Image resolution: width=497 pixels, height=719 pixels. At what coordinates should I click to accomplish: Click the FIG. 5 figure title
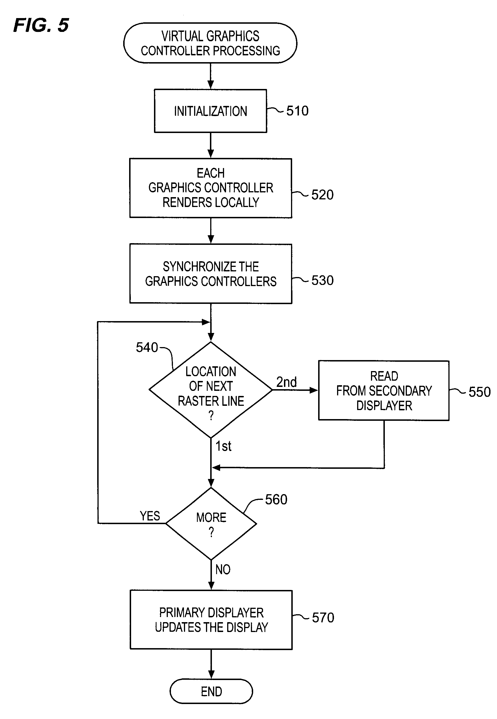pyautogui.click(x=41, y=25)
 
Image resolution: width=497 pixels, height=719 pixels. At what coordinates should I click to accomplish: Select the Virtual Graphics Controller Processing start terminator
pyautogui.click(x=210, y=43)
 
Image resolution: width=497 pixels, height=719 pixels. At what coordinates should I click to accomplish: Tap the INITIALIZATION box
pyautogui.click(x=210, y=111)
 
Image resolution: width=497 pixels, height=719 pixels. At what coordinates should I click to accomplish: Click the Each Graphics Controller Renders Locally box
pyautogui.click(x=210, y=188)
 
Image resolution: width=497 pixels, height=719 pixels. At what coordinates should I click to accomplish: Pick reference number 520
pyautogui.click(x=322, y=195)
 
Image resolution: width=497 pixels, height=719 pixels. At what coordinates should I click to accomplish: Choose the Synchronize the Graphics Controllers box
pyautogui.click(x=210, y=274)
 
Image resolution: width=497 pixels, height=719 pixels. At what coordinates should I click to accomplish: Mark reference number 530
pyautogui.click(x=322, y=280)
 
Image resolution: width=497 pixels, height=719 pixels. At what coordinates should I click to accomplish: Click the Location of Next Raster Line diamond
pyautogui.click(x=211, y=390)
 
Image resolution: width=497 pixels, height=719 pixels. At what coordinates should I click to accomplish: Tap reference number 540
pyautogui.click(x=147, y=347)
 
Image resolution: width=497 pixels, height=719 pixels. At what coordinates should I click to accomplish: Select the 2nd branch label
pyautogui.click(x=287, y=382)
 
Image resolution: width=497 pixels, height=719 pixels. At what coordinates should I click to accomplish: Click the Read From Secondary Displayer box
pyautogui.click(x=384, y=391)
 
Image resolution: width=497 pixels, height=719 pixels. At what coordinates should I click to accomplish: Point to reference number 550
pyautogui.click(x=479, y=392)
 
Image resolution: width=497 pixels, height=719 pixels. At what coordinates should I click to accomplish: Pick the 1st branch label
pyautogui.click(x=223, y=446)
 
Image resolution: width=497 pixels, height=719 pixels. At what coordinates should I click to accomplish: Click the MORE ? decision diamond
pyautogui.click(x=211, y=524)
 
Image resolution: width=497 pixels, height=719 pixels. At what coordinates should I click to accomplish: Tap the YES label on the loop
pyautogui.click(x=150, y=516)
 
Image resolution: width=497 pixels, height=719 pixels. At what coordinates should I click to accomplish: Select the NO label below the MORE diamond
pyautogui.click(x=223, y=570)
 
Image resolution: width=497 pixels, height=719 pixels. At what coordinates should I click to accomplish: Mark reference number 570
pyautogui.click(x=323, y=618)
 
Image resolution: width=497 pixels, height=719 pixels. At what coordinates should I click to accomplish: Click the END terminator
pyautogui.click(x=211, y=691)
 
